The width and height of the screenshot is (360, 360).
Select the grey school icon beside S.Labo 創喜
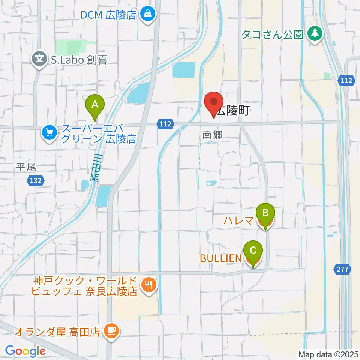coord(39,59)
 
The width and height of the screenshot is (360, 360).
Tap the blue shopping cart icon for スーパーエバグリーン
coord(49,133)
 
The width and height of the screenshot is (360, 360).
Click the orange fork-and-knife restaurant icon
coord(149,285)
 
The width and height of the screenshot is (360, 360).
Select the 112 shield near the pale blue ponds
coord(166,124)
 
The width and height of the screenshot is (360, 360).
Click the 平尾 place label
coord(26,167)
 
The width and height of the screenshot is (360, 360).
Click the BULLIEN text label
coord(221,258)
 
